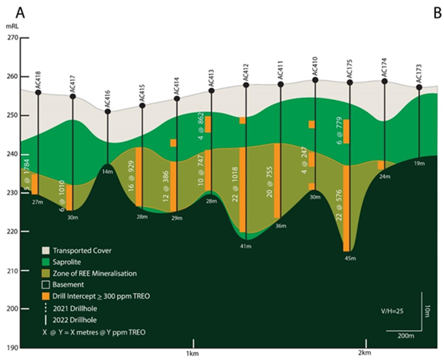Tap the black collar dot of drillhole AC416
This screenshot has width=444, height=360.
click(108, 112)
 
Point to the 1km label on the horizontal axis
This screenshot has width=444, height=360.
click(193, 352)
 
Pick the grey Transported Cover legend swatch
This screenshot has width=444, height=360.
click(45, 250)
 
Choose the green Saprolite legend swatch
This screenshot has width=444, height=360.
click(45, 262)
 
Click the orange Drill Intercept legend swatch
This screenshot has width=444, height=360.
click(45, 297)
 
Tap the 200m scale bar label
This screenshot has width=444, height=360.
click(405, 336)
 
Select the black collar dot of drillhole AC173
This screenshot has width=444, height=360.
click(419, 87)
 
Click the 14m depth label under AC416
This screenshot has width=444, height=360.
click(107, 171)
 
